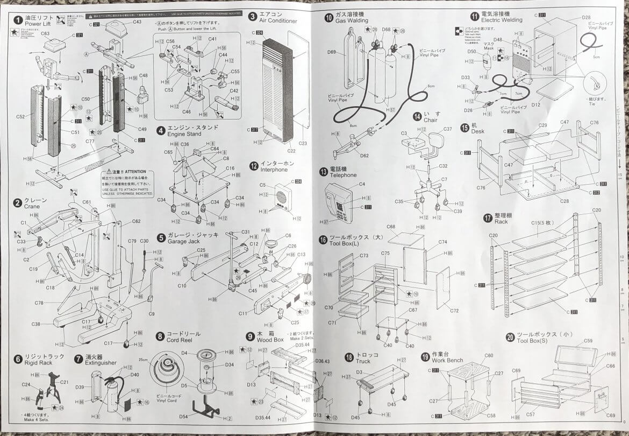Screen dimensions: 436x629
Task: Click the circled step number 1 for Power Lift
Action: [x=18, y=20]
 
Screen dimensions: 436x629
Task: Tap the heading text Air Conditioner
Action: [x=278, y=21]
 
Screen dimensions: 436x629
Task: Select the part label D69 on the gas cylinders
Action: [x=331, y=52]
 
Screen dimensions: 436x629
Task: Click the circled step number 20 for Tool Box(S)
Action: [x=510, y=337]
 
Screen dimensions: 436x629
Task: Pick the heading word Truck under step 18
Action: [x=363, y=361]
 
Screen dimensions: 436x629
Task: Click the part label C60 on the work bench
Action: [x=488, y=356]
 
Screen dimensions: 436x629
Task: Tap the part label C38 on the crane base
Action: [x=36, y=324]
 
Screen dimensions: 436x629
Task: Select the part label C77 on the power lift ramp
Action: [x=89, y=142]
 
